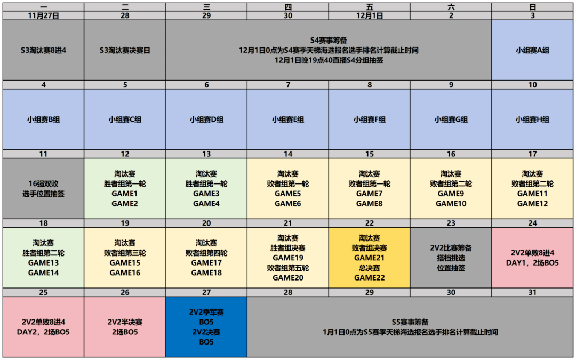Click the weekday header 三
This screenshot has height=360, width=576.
click(x=206, y=6)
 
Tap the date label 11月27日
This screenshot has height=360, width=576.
click(x=43, y=15)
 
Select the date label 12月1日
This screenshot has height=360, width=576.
click(x=370, y=15)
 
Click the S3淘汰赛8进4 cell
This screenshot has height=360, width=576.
click(x=43, y=50)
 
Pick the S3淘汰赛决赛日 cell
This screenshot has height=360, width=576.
click(x=125, y=50)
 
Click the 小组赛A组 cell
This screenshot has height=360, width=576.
click(x=533, y=50)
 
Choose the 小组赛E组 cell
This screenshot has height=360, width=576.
click(x=288, y=119)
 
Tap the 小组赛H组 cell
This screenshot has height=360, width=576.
click(x=533, y=119)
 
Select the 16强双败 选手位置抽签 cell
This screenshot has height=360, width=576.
click(x=43, y=188)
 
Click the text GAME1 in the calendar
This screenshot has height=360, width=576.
click(x=125, y=194)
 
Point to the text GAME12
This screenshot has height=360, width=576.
click(x=533, y=204)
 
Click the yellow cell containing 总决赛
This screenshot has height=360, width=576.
click(x=370, y=258)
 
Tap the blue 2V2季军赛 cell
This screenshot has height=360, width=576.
click(x=206, y=327)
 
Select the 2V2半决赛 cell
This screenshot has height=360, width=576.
click(x=125, y=327)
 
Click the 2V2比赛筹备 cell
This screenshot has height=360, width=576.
click(x=451, y=258)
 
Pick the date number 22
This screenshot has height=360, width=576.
click(x=370, y=223)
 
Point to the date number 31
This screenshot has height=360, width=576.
click(x=533, y=292)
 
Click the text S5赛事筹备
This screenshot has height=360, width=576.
click(x=410, y=322)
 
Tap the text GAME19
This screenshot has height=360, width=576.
click(x=288, y=258)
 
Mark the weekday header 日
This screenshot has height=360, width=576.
click(x=533, y=6)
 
